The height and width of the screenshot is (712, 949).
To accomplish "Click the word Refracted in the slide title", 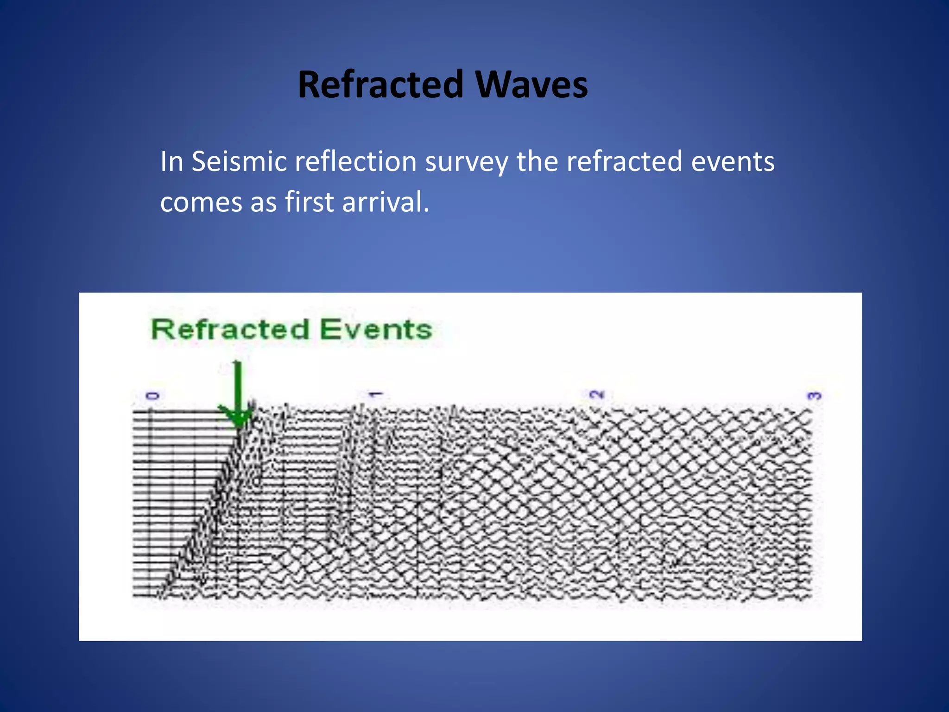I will click(x=380, y=84).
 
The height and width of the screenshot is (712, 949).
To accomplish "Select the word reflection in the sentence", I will click(x=355, y=162).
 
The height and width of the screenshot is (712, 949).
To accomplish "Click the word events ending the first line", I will click(x=733, y=162).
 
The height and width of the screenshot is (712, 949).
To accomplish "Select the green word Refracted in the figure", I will click(x=230, y=330).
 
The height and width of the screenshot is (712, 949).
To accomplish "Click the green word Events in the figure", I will click(x=376, y=330).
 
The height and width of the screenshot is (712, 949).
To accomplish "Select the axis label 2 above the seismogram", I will click(x=597, y=395).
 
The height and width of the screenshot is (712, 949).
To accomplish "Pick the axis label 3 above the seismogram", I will click(x=814, y=396).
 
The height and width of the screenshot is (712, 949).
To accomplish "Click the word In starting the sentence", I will click(x=171, y=162).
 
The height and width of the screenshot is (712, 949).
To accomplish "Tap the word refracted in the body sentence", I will click(x=624, y=162).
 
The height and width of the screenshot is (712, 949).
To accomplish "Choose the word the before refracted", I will click(x=537, y=162).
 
